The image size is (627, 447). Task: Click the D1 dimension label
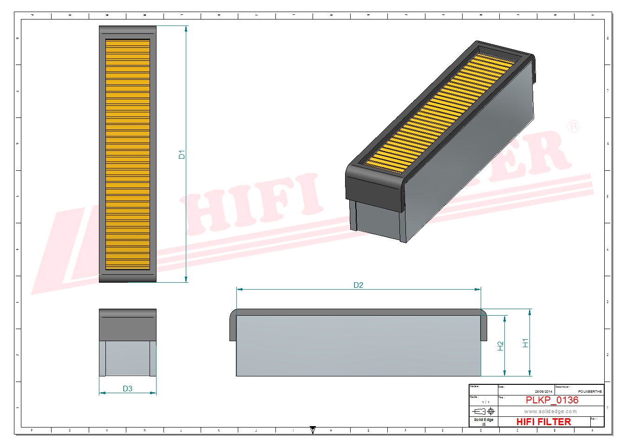tap(182, 155)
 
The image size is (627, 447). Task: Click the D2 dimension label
tap(358, 285)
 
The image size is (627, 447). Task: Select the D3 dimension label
tap(127, 389)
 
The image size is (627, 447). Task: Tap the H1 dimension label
tap(525, 343)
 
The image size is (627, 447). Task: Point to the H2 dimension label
tap(500, 346)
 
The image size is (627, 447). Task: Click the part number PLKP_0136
tap(552, 400)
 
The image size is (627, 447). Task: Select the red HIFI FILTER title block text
tap(543, 421)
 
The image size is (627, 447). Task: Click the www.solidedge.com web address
tap(550, 411)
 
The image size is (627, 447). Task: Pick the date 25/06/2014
tap(543, 391)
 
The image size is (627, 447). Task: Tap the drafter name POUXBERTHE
tap(590, 391)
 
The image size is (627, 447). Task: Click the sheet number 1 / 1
tap(485, 402)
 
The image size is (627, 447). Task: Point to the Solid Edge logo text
tap(483, 420)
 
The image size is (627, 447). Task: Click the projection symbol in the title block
tap(483, 411)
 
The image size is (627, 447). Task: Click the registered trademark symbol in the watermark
tap(574, 126)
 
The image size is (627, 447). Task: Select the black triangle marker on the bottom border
tap(313, 430)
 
